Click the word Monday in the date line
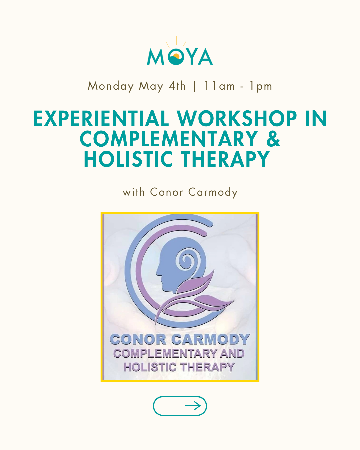tap(111, 86)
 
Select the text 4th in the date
tap(177, 86)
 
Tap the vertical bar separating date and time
tap(195, 86)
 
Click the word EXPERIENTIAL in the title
tap(101, 119)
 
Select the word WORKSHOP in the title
tap(237, 119)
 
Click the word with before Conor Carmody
tap(134, 192)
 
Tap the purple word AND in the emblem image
tap(232, 354)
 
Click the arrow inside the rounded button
tap(193, 406)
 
